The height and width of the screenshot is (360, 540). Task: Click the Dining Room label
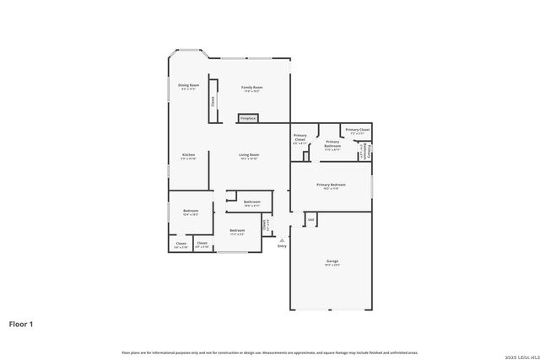coord(187,86)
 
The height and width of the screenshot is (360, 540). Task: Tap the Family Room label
coord(252,89)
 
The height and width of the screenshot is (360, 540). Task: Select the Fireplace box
coord(248,119)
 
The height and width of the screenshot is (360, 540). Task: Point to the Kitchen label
coord(189,156)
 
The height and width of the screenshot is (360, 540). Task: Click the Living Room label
coord(248,156)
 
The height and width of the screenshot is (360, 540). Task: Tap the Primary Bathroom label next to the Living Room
coord(332,143)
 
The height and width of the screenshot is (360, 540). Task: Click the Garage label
coord(332,263)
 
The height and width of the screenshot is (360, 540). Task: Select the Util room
coord(310,220)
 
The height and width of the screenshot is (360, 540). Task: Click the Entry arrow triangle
coord(282,239)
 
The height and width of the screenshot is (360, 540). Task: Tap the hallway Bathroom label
coord(251,203)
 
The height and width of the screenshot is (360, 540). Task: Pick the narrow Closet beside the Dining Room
coord(213,101)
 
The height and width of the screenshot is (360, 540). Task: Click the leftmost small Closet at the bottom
coord(181,244)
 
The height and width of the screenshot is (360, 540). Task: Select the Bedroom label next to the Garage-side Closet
coord(237,231)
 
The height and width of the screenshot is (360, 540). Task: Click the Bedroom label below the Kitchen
coord(191,212)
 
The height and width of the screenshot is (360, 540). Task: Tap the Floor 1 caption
coord(21,323)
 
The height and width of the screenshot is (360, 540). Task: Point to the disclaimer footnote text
coord(270,352)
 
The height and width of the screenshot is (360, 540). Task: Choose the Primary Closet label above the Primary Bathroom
coord(358,131)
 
